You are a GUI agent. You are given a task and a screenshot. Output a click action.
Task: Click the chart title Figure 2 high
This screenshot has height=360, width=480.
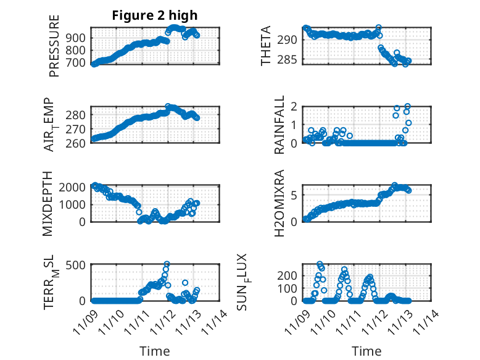coord(155,16)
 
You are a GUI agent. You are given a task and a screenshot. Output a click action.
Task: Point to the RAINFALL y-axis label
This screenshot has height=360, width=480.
coord(280,125)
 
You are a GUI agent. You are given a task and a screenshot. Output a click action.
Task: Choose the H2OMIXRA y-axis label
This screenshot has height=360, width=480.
coord(279,204)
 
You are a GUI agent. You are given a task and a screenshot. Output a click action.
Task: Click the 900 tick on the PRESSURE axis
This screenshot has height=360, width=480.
coord(78,38)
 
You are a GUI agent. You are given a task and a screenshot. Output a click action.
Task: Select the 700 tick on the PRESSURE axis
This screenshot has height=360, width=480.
coord(78,62)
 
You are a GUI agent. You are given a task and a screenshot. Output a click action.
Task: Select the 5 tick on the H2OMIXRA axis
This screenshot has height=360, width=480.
coord(296,196)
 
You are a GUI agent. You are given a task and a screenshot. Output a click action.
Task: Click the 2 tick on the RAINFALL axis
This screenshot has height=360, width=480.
coord(296,106)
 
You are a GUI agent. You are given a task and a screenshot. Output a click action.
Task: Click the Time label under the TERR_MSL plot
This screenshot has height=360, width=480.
coord(155,351)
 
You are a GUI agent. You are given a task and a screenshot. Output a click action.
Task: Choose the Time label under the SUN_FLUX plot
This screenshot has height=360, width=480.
coord(366,351)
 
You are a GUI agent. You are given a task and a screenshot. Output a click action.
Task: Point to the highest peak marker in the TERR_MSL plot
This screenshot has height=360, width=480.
coord(167,264)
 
